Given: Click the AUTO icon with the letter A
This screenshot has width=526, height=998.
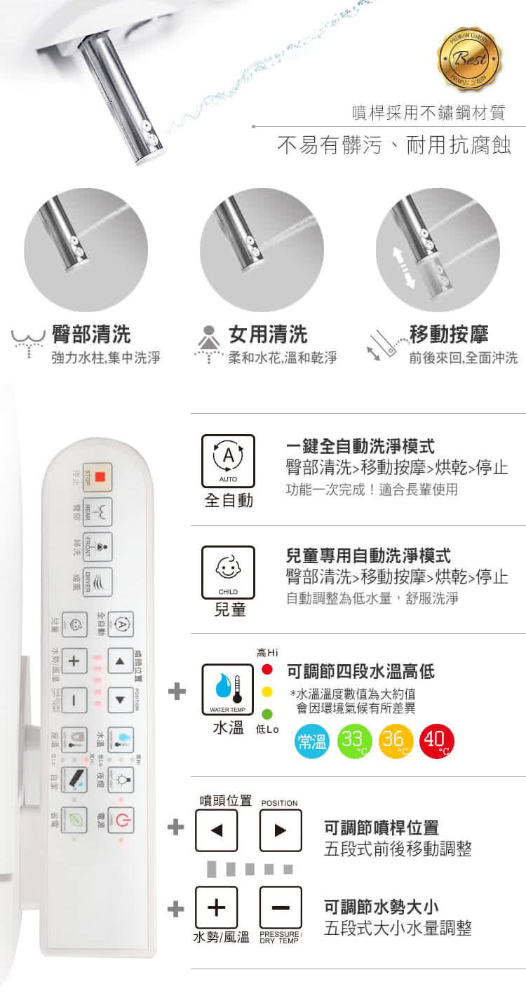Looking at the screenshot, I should (x=228, y=459).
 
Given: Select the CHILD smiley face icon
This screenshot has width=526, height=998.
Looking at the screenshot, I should (x=228, y=570).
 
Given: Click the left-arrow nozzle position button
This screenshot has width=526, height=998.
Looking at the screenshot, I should (x=216, y=830).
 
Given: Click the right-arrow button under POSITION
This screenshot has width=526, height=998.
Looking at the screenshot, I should (x=281, y=830).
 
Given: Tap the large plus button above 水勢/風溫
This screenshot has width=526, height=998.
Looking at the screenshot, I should (x=216, y=908).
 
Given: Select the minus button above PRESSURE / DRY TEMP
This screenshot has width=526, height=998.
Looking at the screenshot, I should (x=281, y=908).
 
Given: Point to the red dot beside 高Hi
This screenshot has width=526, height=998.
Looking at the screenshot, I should (x=267, y=669).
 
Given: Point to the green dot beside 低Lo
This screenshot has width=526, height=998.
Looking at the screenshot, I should (x=267, y=714).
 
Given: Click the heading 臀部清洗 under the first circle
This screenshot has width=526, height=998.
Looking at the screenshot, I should (x=91, y=334).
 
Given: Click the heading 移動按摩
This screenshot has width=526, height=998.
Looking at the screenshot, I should (x=449, y=334).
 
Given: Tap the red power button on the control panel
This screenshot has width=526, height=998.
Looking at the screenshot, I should (x=120, y=821).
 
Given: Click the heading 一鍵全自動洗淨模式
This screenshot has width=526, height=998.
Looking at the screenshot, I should (x=360, y=445).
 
